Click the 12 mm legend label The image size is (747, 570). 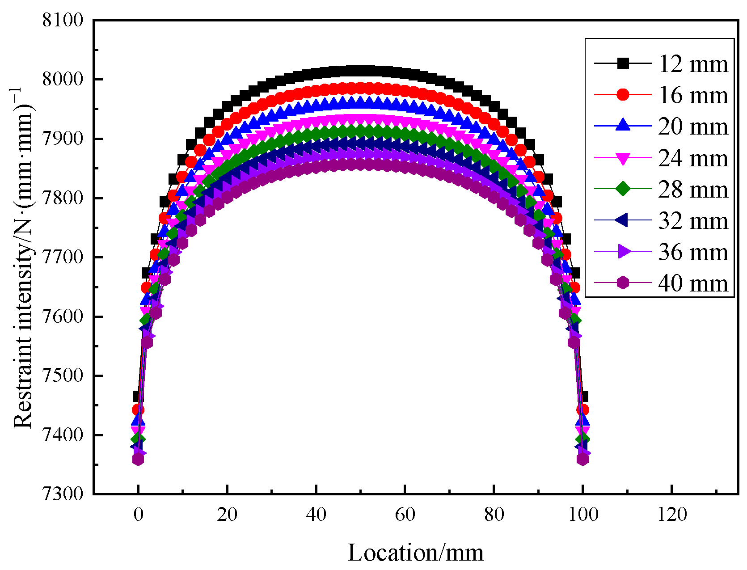click(x=693, y=64)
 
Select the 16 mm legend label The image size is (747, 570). click(x=693, y=95)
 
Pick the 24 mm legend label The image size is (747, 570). click(x=693, y=158)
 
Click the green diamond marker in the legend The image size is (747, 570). click(x=623, y=189)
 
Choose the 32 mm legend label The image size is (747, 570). click(x=693, y=221)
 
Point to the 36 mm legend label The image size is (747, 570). click(x=693, y=252)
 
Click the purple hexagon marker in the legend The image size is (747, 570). click(x=623, y=283)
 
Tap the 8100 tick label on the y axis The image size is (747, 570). click(x=63, y=21)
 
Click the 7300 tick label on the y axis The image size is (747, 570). click(x=63, y=494)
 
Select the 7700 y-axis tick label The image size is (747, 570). click(x=63, y=258)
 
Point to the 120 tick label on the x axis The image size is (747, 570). click(x=672, y=515)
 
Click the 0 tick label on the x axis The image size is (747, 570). click(x=138, y=515)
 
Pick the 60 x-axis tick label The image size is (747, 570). click(x=405, y=515)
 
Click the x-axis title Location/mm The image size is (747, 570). click(x=416, y=553)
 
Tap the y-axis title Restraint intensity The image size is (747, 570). click(x=23, y=257)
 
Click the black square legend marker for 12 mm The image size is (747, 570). click(x=623, y=64)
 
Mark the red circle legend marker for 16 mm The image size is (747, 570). click(x=623, y=95)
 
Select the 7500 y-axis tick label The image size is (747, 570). click(x=63, y=376)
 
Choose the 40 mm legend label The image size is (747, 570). click(x=693, y=283)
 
